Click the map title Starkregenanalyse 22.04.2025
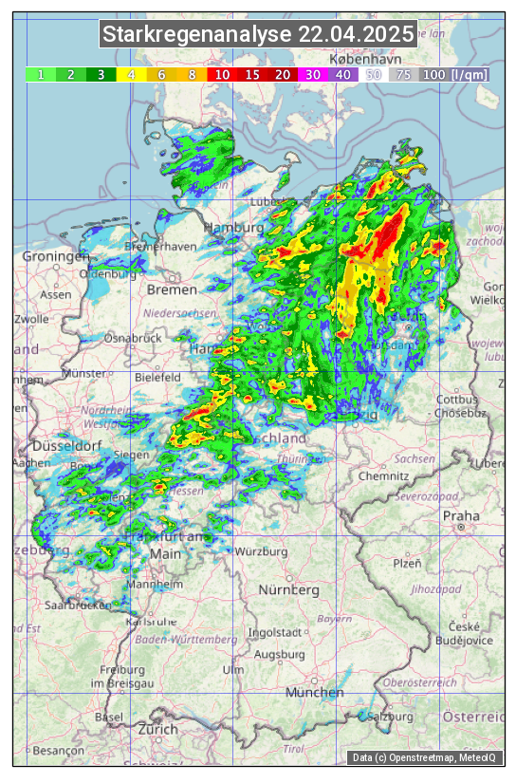pyautogui.click(x=258, y=35)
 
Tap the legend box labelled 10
pyautogui.click(x=221, y=74)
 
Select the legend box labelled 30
pyautogui.click(x=312, y=74)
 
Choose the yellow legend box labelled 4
pyautogui.click(x=131, y=74)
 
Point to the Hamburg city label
pyautogui.click(x=233, y=229)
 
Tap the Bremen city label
pyautogui.click(x=171, y=289)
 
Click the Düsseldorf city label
pyautogui.click(x=66, y=446)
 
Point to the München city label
pyautogui.click(x=314, y=693)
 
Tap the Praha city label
pyautogui.click(x=461, y=516)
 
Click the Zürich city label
pyautogui.click(x=157, y=729)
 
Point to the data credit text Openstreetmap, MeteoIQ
pyautogui.click(x=427, y=757)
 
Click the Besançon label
pyautogui.click(x=59, y=751)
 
